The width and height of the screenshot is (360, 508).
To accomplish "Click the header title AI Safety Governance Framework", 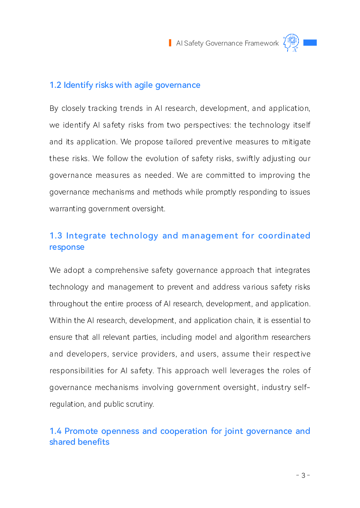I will click(x=227, y=43).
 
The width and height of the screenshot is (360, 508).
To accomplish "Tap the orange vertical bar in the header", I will click(x=170, y=43).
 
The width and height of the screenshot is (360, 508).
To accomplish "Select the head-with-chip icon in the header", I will click(x=291, y=43).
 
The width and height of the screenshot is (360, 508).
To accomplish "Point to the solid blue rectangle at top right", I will click(x=310, y=43).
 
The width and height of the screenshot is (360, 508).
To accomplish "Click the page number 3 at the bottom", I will click(x=303, y=475).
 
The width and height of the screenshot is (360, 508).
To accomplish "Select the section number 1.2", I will click(x=55, y=85).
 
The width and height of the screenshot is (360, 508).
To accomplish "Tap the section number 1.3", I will click(x=56, y=236).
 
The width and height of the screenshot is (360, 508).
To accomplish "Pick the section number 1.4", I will click(x=56, y=431).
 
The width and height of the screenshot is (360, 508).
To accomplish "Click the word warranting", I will click(x=68, y=209).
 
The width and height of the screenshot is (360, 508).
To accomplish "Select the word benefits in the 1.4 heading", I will click(x=95, y=442).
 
